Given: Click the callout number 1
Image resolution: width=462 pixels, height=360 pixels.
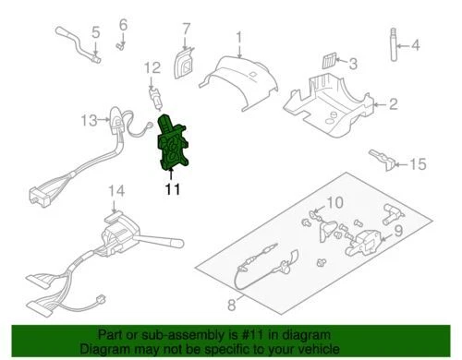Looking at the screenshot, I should coord(237,38).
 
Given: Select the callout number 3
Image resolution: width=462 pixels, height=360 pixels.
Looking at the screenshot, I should coord(352,63).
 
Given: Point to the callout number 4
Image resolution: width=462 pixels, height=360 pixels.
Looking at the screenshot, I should coord(414,44).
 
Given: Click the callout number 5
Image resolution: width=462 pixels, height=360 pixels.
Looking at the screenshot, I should coord(95,36).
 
